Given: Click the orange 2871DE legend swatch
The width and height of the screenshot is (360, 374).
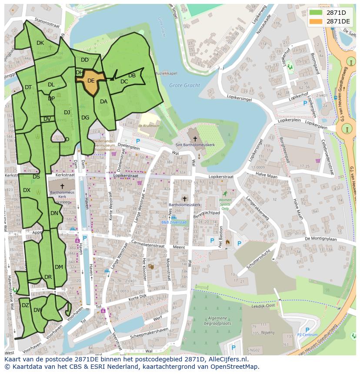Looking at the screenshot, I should (317, 21).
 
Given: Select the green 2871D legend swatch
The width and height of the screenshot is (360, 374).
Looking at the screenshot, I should (317, 13).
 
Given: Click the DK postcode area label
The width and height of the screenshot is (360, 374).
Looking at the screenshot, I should (40, 43).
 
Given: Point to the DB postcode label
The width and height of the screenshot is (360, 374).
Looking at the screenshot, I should (132, 76).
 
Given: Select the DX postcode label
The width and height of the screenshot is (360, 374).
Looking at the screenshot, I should (27, 190).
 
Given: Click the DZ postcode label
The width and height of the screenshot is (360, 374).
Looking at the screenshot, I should (25, 305).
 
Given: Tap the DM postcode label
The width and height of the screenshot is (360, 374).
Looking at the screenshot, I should (59, 267).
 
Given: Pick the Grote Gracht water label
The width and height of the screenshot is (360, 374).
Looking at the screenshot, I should (184, 86).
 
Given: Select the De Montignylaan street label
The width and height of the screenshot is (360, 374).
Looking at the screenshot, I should (321, 238).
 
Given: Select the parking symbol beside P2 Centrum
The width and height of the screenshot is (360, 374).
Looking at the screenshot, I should (307, 329).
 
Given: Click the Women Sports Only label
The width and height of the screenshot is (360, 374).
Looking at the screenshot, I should (225, 204).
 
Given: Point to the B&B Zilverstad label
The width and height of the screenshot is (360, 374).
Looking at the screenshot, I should (173, 222).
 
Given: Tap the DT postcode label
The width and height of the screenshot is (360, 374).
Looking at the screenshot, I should (28, 87).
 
